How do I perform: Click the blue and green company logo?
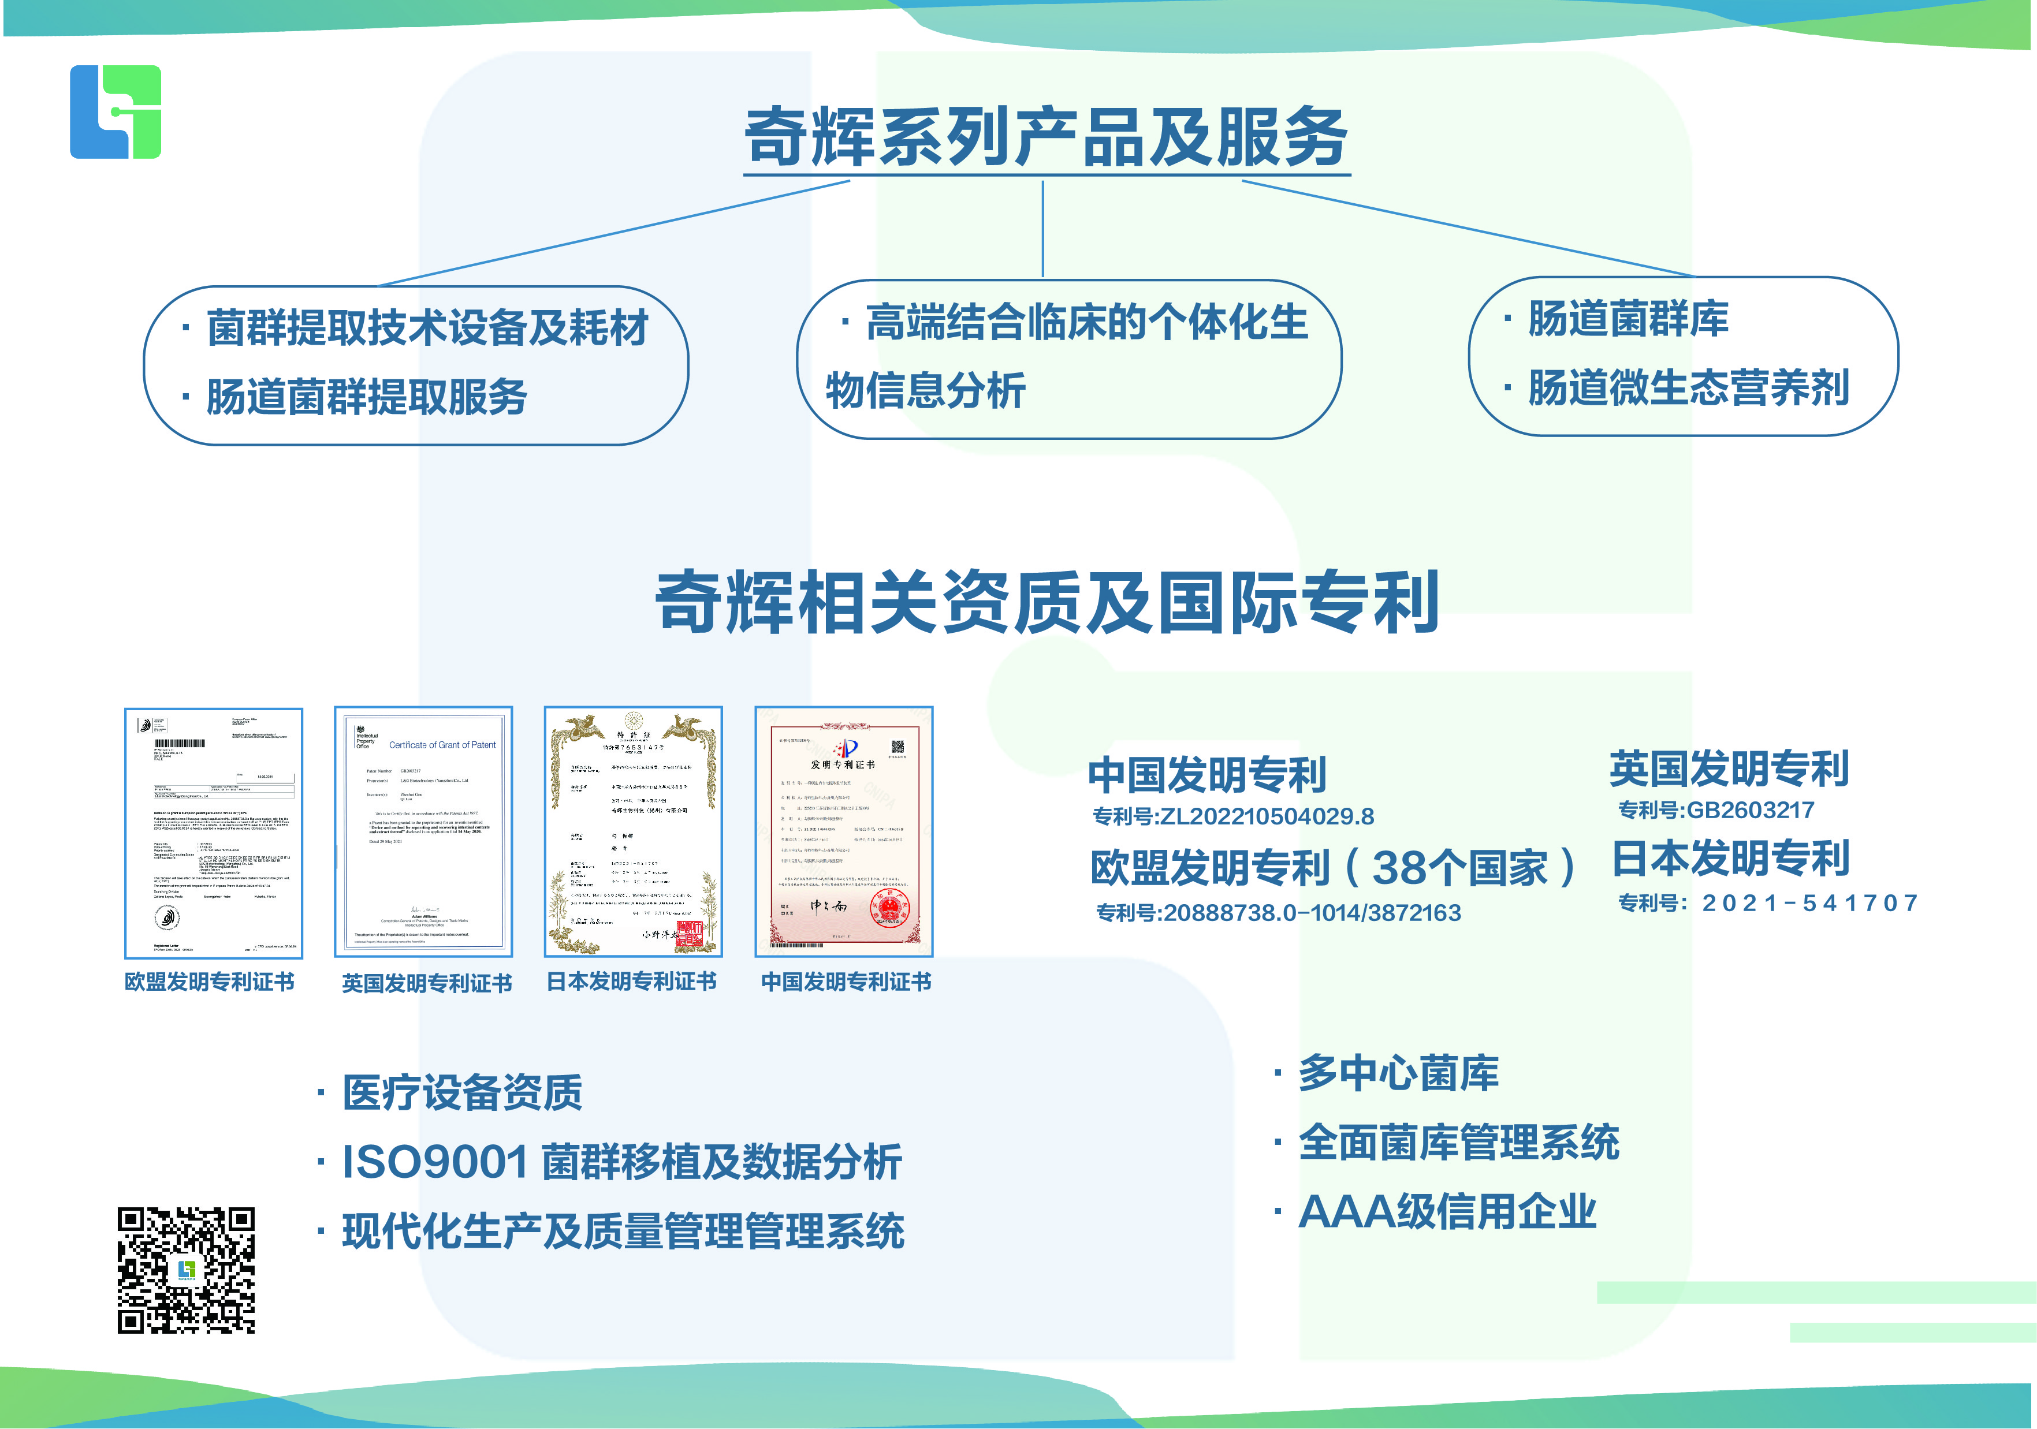tap(116, 112)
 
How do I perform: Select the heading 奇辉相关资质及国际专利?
tap(1047, 602)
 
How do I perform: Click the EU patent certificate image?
tap(214, 833)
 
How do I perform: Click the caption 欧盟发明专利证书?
tap(210, 982)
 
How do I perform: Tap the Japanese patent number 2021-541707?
tap(1810, 903)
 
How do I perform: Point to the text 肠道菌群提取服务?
tap(366, 397)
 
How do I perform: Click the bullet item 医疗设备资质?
tap(462, 1093)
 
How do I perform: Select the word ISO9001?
tap(435, 1162)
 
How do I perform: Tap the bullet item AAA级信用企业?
tap(1447, 1212)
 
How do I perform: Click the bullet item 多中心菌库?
tap(1398, 1073)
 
